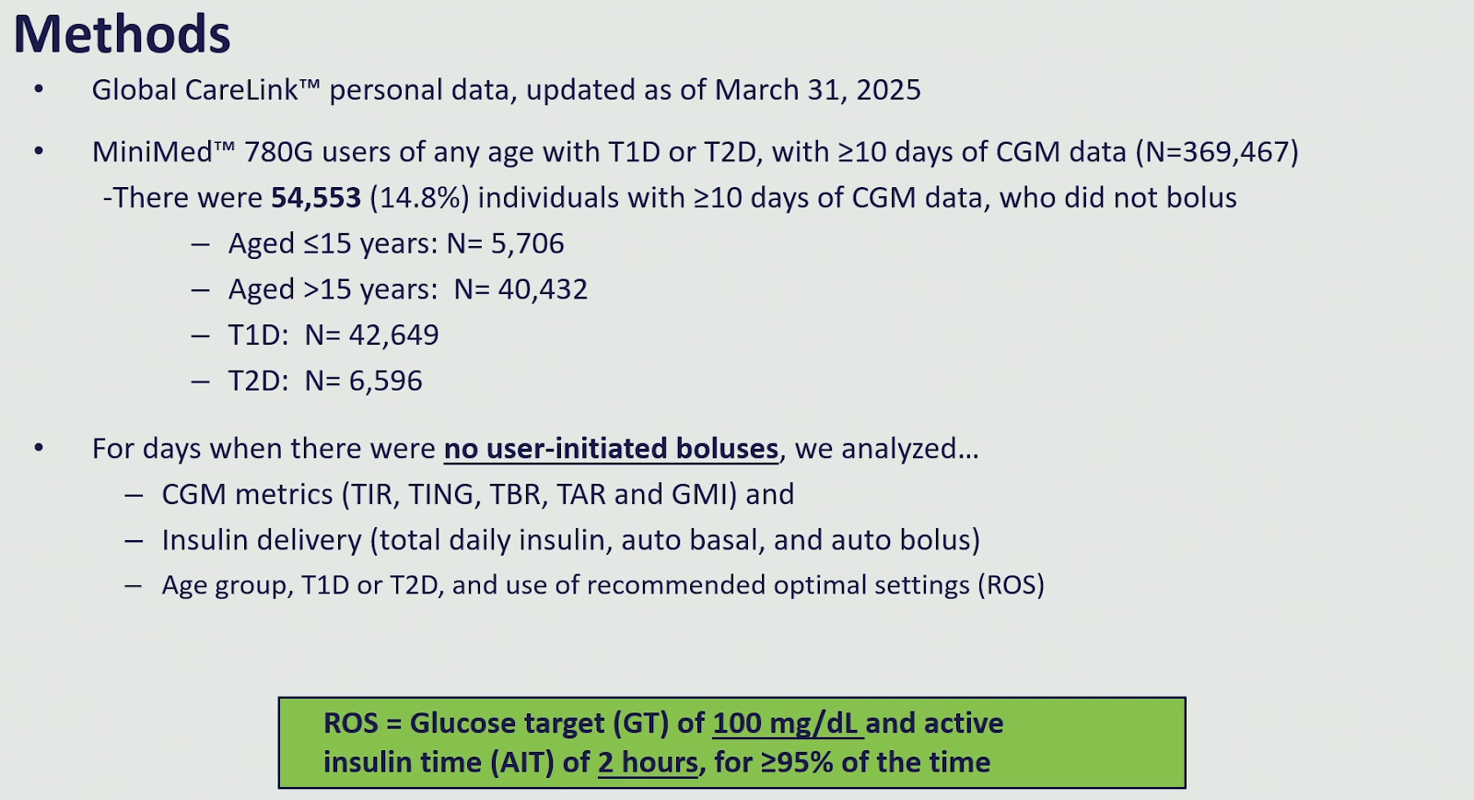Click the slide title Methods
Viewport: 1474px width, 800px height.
122,33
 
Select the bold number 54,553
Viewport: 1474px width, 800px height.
316,197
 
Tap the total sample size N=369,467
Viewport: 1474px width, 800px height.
1217,152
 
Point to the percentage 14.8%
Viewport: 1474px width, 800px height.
420,197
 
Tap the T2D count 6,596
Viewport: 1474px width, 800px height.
386,381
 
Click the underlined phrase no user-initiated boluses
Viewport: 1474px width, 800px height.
612,449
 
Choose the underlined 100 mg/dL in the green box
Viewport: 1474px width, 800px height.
786,724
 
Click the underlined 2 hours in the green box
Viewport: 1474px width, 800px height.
648,762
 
